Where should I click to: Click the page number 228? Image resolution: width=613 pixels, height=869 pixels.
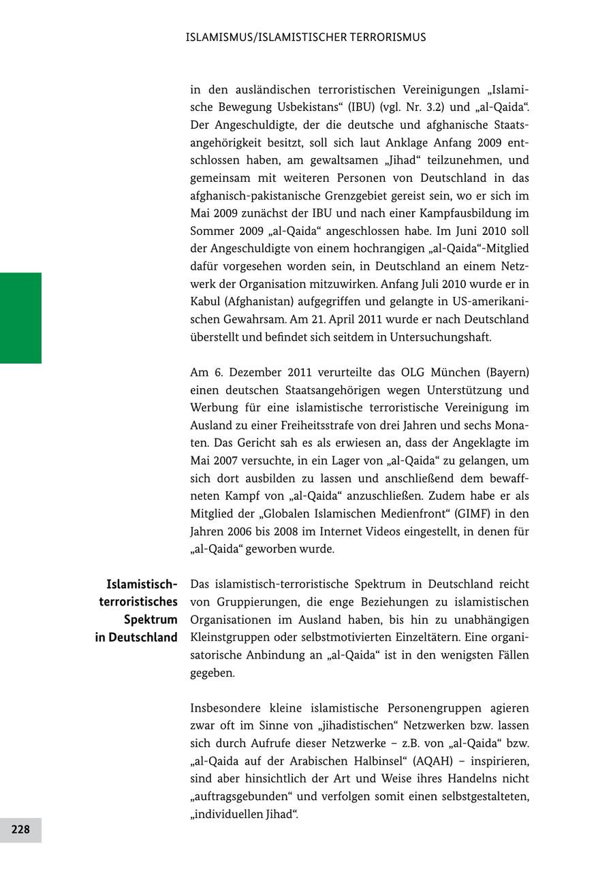20,829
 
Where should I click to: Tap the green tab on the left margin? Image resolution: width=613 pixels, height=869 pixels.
20,317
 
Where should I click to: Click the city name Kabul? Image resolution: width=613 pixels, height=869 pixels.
205,302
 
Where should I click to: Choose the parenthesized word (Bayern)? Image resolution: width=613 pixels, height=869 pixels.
507,373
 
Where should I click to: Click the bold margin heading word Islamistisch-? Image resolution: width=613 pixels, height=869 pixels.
142,584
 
